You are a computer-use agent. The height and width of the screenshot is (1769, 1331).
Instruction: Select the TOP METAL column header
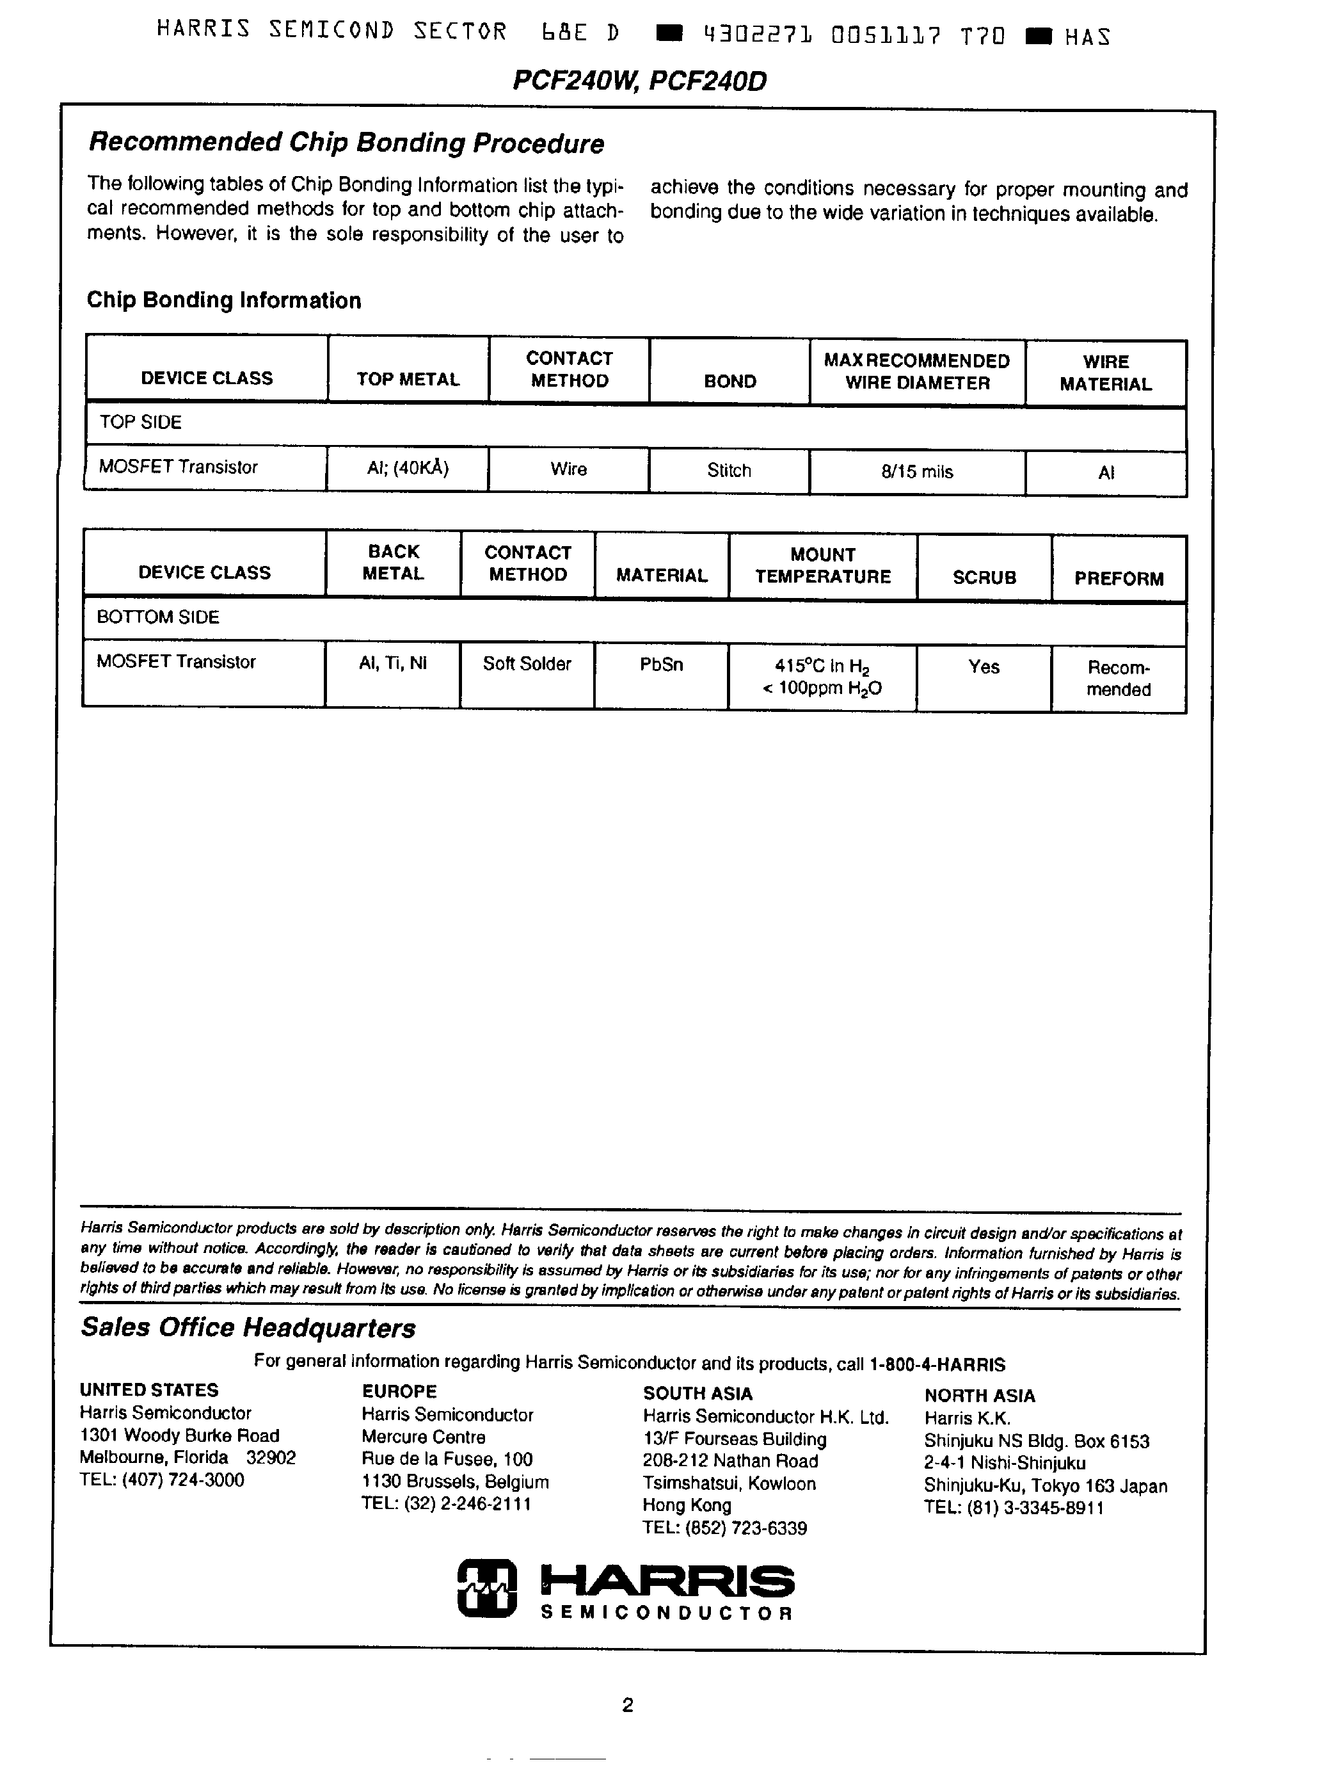click(408, 379)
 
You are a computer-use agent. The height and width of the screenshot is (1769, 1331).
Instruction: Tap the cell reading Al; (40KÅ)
click(408, 468)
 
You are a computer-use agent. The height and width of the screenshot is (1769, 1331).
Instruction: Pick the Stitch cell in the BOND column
click(729, 470)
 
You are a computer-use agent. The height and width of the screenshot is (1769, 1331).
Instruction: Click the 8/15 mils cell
click(917, 472)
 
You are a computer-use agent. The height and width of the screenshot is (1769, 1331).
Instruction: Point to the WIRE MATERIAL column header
click(1106, 373)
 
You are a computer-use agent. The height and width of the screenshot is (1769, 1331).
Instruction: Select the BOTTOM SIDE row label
click(157, 617)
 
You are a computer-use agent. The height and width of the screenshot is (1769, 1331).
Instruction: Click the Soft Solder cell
click(527, 664)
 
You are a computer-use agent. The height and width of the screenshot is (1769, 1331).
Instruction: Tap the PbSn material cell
click(661, 665)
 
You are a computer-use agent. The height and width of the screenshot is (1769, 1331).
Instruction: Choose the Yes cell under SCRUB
click(984, 667)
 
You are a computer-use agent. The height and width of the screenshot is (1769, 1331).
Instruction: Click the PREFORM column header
click(1119, 578)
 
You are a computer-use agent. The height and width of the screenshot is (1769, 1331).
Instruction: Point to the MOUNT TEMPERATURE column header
click(822, 565)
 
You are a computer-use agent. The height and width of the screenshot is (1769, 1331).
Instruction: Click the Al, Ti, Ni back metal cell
click(392, 663)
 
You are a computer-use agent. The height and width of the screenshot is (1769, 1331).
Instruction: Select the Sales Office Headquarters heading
click(248, 1327)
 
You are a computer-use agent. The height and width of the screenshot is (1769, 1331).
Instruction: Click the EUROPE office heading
click(399, 1391)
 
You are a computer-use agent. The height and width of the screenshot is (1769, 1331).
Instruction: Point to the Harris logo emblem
click(487, 1587)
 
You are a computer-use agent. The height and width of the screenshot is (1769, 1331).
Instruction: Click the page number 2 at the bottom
click(628, 1705)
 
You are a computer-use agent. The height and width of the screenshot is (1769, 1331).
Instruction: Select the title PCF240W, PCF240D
click(639, 81)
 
